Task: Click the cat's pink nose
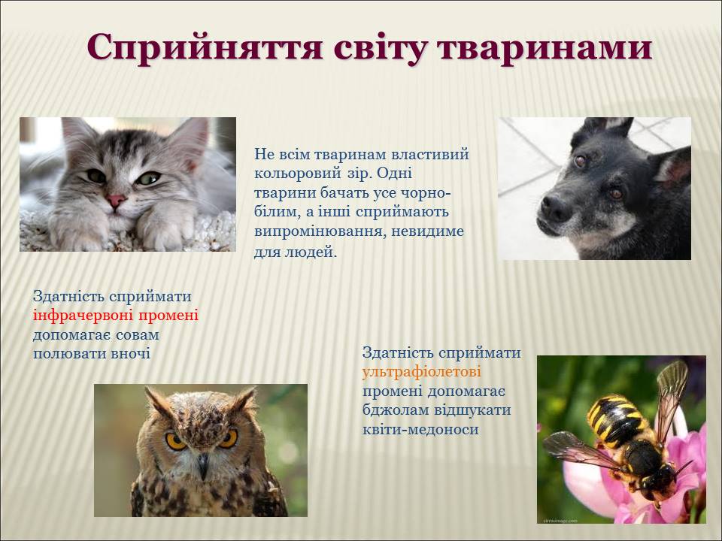click(x=116, y=200)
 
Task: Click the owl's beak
click(x=202, y=465)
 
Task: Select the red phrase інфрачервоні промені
click(x=116, y=316)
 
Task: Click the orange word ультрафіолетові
click(x=422, y=372)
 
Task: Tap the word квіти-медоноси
click(x=421, y=429)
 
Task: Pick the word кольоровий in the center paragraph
click(x=296, y=174)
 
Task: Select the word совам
click(x=137, y=335)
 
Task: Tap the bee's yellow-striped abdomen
click(x=612, y=419)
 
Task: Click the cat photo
click(x=128, y=185)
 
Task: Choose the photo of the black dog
click(x=594, y=189)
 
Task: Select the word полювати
click(x=69, y=354)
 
